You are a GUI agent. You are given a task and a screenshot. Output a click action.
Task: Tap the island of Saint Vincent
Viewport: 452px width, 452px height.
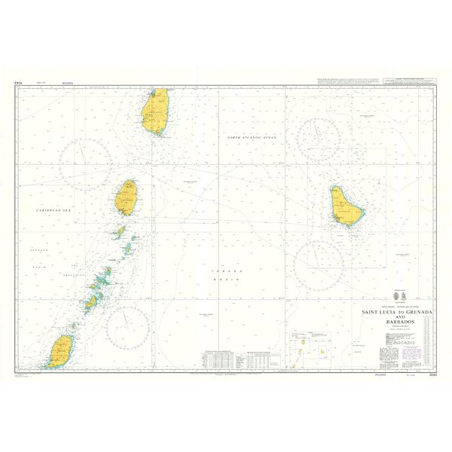(127, 197)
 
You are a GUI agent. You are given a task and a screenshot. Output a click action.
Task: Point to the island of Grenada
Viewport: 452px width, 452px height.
(60, 352)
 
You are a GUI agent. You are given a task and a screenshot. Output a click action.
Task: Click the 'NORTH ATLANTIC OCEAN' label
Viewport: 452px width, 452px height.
(252, 137)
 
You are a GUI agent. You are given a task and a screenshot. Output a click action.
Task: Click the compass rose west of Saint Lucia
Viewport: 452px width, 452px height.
(85, 163)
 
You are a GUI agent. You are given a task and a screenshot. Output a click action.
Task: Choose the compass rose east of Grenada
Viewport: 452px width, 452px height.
(127, 326)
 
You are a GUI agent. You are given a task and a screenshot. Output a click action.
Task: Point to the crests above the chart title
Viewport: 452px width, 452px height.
(399, 297)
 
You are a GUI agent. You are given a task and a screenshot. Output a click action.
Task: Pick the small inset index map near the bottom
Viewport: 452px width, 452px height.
(309, 349)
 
